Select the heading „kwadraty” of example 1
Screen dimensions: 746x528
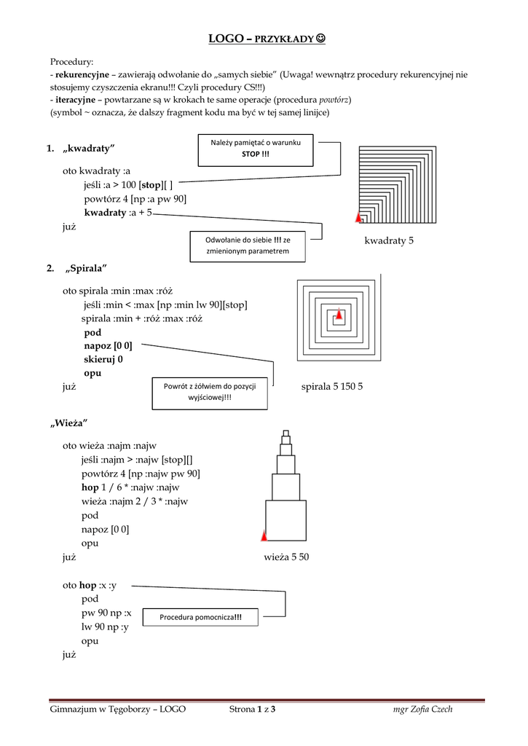90,149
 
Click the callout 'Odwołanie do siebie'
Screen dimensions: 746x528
247,246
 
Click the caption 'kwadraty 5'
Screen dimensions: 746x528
389,241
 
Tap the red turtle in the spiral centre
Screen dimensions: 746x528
339,315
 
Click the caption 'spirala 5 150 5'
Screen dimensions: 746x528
331,387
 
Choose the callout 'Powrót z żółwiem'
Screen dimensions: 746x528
209,392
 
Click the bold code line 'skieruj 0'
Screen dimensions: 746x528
103,359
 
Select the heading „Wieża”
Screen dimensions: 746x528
69,423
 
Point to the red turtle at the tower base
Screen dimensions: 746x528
264,536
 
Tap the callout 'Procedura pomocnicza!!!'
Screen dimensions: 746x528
200,617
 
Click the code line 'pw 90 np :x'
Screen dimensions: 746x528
106,613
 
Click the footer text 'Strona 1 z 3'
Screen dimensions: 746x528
252,710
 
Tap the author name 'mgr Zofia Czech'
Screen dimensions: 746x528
422,710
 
